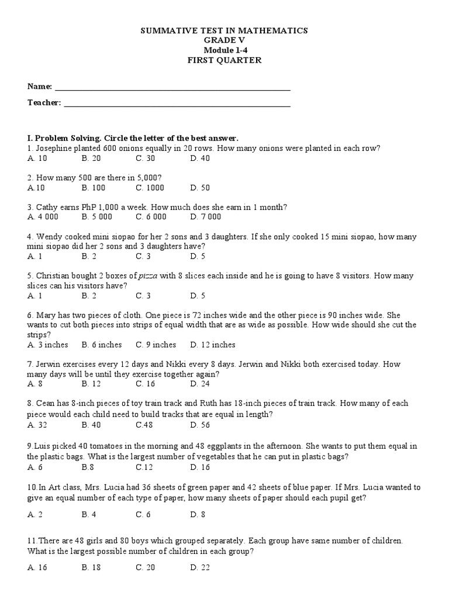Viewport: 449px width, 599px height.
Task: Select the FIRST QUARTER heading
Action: tap(224, 60)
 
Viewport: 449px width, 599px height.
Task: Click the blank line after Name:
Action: tap(172, 88)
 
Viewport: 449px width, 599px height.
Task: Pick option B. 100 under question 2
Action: tap(93, 188)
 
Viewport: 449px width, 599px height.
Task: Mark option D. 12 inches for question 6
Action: tap(213, 345)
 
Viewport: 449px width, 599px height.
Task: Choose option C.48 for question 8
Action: tap(144, 425)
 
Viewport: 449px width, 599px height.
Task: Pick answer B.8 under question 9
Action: tap(88, 467)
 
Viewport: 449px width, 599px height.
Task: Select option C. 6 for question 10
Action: tap(143, 514)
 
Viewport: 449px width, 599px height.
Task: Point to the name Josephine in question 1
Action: tap(56, 149)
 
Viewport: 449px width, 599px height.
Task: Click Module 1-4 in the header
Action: tap(224, 50)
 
